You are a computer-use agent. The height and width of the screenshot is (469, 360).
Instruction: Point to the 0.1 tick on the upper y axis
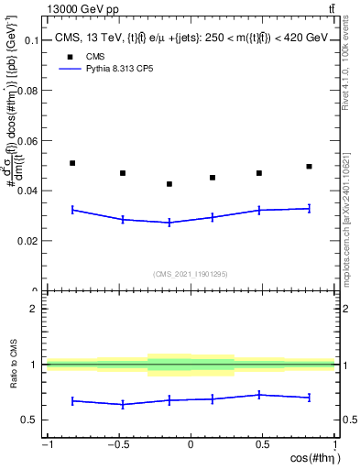click(32, 41)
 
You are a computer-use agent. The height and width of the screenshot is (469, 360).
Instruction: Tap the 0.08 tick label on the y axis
click(29, 91)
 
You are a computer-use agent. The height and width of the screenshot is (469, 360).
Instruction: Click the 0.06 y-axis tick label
click(29, 141)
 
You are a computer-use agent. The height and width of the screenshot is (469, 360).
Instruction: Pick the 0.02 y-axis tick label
click(29, 241)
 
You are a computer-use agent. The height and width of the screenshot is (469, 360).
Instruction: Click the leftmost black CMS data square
click(72, 163)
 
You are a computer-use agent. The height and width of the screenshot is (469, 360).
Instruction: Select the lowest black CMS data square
click(169, 184)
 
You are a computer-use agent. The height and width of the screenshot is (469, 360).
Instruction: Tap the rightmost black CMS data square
click(310, 167)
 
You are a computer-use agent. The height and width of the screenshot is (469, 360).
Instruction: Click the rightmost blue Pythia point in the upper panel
click(310, 209)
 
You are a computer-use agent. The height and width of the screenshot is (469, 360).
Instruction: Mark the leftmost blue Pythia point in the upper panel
click(72, 210)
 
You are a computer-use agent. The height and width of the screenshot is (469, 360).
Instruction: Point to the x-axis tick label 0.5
click(263, 445)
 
